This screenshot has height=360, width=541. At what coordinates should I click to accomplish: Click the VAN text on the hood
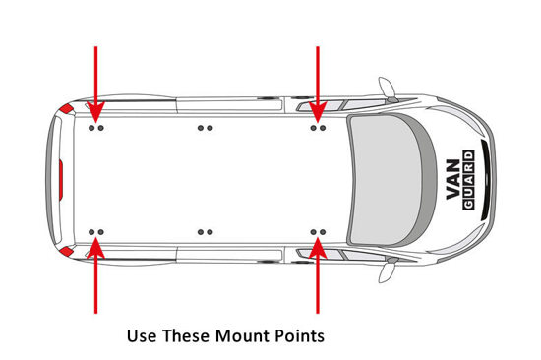(x=453, y=179)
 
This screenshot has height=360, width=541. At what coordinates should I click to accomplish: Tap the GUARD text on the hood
(x=468, y=179)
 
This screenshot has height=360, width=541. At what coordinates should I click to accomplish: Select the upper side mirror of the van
(x=388, y=89)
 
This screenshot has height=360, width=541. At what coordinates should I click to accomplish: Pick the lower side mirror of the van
(x=388, y=270)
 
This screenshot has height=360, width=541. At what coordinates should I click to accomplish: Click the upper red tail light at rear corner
(x=66, y=109)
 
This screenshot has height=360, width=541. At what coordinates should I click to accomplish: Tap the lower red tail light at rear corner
(x=66, y=251)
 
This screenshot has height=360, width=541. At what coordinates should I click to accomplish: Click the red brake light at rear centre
(x=61, y=179)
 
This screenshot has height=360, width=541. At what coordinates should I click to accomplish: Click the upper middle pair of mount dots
(x=205, y=128)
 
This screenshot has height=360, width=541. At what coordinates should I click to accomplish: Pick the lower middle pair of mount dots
(x=205, y=232)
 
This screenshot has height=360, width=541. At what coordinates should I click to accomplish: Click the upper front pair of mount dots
(x=318, y=128)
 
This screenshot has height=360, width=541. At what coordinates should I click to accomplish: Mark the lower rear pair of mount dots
(x=96, y=232)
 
